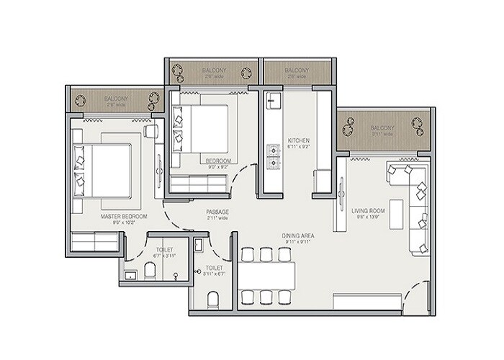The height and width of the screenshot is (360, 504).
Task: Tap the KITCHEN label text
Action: (x=299, y=140)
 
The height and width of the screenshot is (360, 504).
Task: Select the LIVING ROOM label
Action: (x=366, y=211)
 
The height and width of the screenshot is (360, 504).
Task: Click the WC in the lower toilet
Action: (x=212, y=299)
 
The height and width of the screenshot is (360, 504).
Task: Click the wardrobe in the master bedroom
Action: (x=94, y=241)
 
